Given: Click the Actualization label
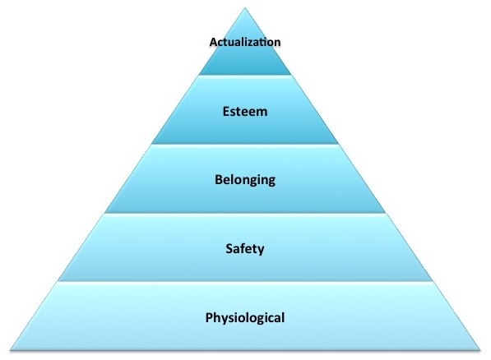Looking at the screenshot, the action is point(245,42).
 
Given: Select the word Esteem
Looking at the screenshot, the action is point(245,112).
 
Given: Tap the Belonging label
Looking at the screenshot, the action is point(245,180).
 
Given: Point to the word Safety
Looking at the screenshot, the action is point(245,250).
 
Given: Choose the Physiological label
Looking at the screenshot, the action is point(245,318).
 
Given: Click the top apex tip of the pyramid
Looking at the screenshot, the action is point(245,8).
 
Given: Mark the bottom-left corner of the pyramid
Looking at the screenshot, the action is point(10,350).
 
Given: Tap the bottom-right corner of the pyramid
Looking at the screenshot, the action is point(480,350).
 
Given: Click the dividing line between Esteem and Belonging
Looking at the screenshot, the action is point(245,145).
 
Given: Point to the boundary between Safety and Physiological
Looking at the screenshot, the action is point(245,281).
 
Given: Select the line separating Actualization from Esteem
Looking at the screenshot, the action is point(245,75).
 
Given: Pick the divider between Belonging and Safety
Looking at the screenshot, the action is point(245,213).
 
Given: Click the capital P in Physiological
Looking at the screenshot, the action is point(209,317).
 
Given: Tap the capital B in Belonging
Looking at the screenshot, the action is point(219,180).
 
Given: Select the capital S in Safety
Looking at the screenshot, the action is point(229,248).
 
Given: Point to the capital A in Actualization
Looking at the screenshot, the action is point(213,42).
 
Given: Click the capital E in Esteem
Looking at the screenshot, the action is point(226,112).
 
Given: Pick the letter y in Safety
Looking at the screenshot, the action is point(261,251).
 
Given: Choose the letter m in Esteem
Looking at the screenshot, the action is point(262,113).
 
